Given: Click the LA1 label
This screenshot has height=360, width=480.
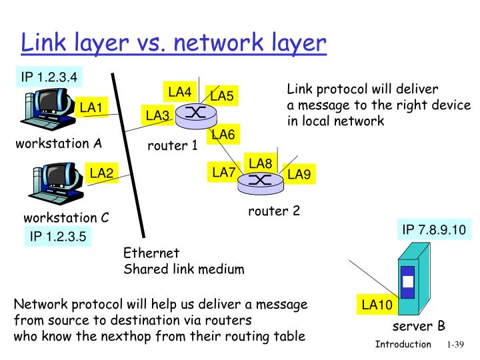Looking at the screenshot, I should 91,107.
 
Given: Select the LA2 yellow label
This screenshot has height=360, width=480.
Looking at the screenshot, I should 102,173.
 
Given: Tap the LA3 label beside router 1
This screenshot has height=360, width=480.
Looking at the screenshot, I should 157,116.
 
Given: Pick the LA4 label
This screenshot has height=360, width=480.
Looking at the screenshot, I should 179,91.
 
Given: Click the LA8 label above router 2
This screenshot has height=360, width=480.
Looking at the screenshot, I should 260,163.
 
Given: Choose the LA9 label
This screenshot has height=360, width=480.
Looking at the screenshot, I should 299,175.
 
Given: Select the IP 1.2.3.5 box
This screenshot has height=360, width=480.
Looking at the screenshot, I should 58,237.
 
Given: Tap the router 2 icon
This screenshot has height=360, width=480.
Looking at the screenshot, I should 260,180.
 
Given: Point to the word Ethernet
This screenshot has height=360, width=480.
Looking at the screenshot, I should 151,253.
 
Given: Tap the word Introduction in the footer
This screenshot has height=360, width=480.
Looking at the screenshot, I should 403,344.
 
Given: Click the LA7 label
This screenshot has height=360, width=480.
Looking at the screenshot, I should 223,173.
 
